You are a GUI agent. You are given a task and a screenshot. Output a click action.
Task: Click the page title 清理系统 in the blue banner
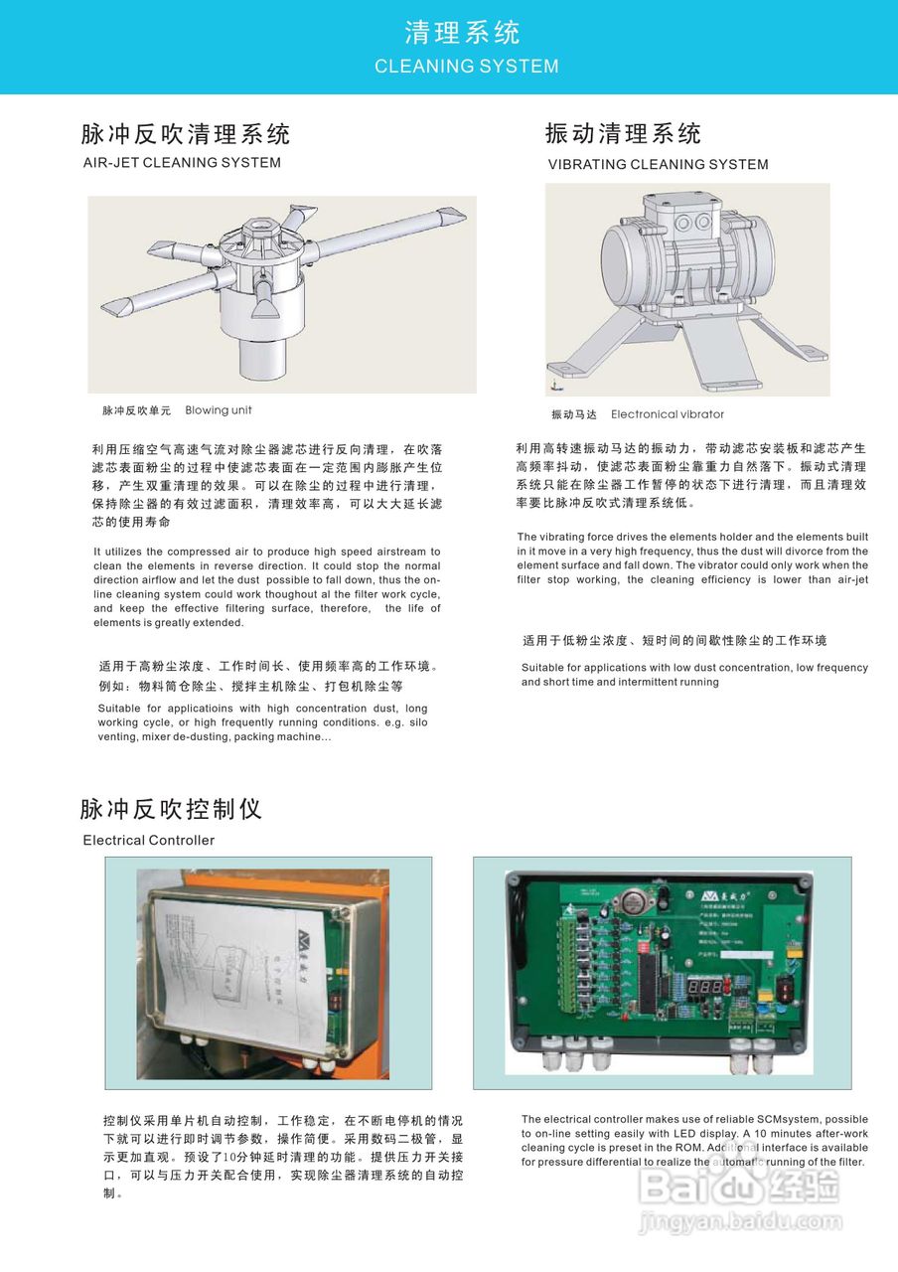462,33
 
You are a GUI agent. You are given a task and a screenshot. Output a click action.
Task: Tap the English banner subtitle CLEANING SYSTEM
466,67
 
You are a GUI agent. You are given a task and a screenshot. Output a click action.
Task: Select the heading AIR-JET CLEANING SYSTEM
182,163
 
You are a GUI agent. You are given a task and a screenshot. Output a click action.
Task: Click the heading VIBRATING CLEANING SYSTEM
658,165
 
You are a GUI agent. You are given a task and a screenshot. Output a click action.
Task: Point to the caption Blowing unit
219,410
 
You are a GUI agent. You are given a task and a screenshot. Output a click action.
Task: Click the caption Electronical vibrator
667,414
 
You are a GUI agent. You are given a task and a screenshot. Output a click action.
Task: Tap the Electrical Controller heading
148,841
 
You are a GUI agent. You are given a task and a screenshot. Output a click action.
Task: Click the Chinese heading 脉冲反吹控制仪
171,809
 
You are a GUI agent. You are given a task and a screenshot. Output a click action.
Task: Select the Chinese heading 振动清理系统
623,134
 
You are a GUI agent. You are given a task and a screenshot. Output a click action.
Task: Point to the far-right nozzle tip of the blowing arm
452,215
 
